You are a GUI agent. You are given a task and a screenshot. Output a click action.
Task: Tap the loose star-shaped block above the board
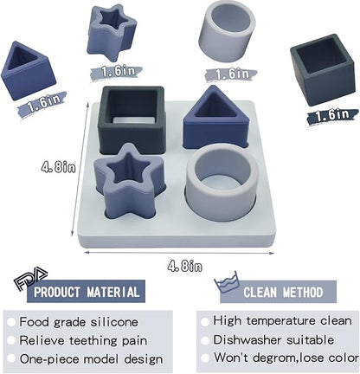tap(111, 32)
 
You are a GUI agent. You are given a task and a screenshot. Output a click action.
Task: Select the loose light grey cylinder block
tap(228, 30)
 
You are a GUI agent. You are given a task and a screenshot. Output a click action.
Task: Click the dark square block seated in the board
tap(132, 119)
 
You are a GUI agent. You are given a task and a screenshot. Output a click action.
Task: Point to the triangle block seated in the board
tap(215, 118)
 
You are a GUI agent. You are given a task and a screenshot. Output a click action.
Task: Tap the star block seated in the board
tap(129, 183)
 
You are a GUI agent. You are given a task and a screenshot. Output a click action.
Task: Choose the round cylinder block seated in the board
tap(222, 182)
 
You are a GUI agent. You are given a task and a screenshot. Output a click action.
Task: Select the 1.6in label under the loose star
tap(116, 72)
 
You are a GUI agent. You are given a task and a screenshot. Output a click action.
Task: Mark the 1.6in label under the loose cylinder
tap(231, 74)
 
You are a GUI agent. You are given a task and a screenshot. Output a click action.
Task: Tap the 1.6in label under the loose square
tap(332, 115)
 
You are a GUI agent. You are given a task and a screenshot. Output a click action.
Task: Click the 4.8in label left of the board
tap(58, 167)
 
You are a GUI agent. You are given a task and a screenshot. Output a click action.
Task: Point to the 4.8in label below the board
tap(185, 266)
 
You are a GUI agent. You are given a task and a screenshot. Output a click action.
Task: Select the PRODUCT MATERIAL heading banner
tap(86, 291)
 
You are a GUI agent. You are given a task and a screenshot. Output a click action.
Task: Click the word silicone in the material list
tap(114, 322)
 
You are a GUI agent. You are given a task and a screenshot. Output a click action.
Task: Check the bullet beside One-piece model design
tap(11, 358)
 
